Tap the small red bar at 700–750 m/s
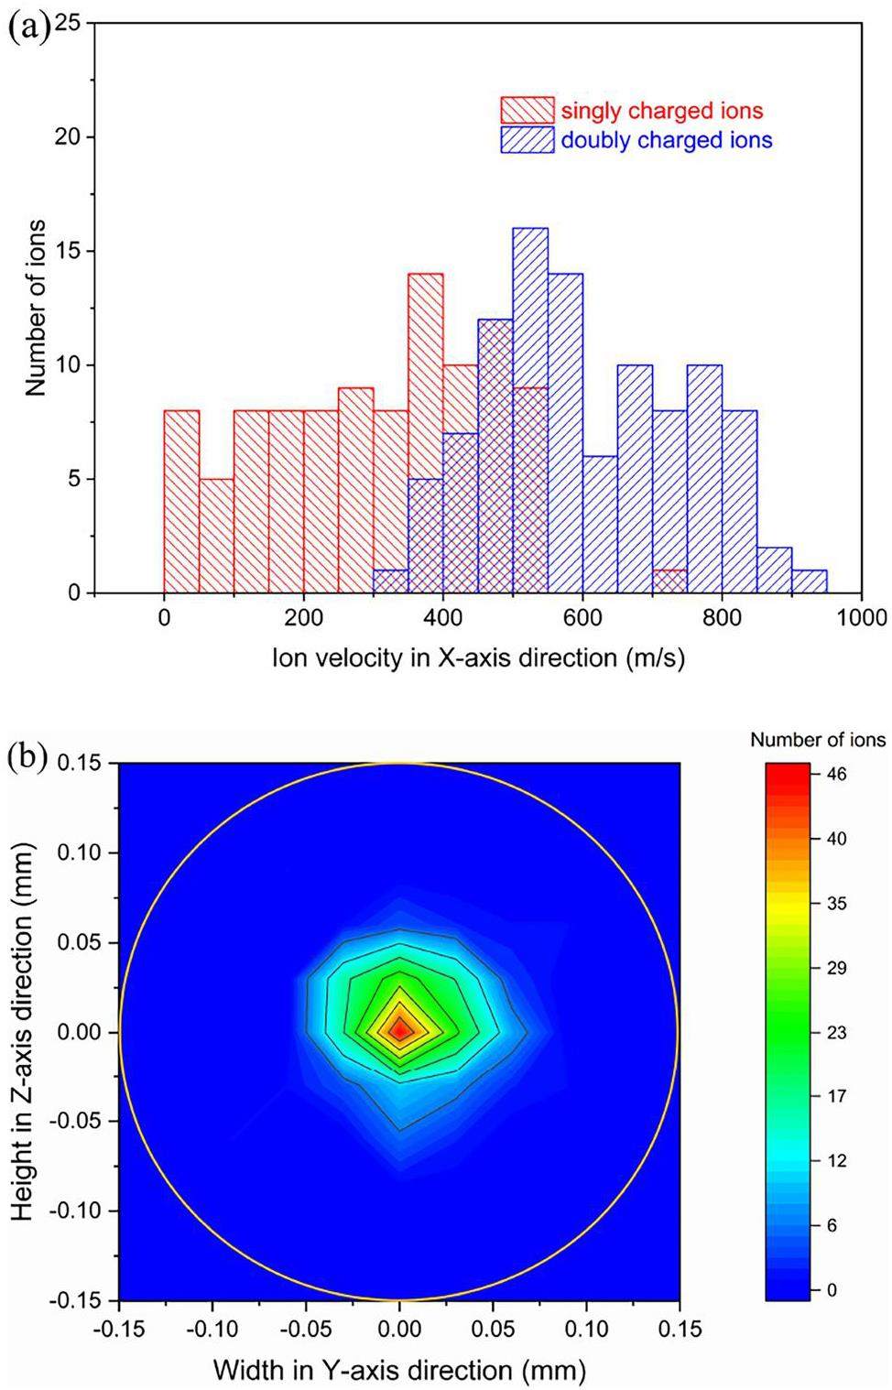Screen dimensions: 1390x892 click(670, 577)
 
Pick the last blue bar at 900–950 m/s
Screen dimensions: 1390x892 click(810, 582)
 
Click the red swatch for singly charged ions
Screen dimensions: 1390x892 click(528, 111)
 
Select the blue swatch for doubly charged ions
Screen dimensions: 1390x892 click(528, 140)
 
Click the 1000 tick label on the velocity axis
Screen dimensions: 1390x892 click(861, 618)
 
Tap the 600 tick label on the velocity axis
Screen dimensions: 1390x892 click(582, 618)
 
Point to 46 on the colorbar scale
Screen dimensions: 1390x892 click(837, 775)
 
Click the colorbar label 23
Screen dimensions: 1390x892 click(837, 1032)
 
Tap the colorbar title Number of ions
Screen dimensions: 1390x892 click(818, 740)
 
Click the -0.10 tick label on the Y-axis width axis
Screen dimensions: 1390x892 click(212, 1328)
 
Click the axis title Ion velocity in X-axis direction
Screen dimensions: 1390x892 click(478, 658)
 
